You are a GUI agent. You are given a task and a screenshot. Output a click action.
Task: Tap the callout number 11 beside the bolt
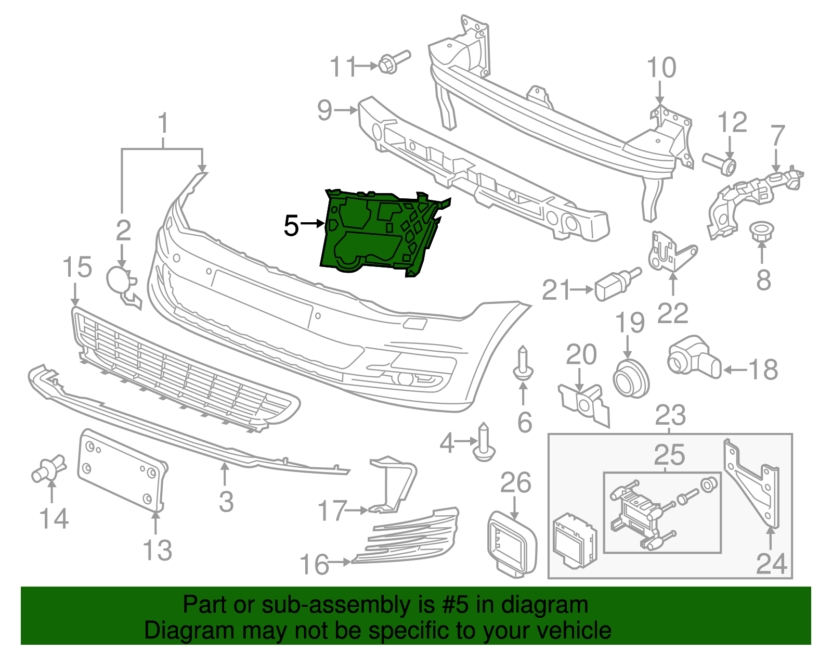pyautogui.click(x=343, y=67)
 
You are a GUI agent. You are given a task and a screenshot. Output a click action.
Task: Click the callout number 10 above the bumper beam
pyautogui.click(x=661, y=68)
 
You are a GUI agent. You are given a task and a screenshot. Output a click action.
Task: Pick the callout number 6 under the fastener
pyautogui.click(x=524, y=422)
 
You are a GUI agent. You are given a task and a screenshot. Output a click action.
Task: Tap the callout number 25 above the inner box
pyautogui.click(x=669, y=455)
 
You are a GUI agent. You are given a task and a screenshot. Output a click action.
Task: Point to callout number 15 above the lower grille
pyautogui.click(x=77, y=267)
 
